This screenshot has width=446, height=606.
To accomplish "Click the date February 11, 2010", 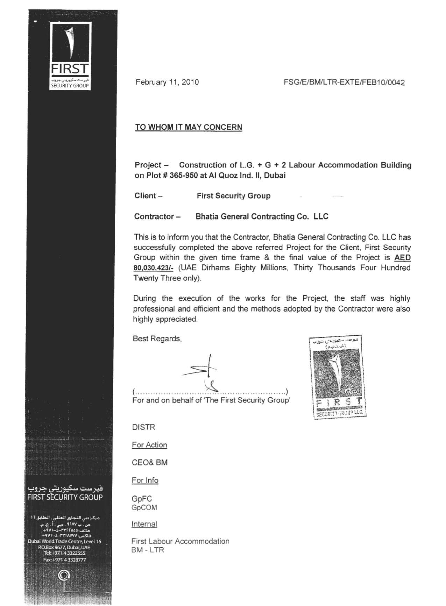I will tap(167, 82).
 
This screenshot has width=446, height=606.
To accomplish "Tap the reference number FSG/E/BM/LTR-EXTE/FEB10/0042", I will tap(345, 83).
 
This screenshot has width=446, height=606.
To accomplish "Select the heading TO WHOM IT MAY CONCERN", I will tap(189, 127).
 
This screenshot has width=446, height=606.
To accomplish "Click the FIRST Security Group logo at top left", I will tap(70, 56).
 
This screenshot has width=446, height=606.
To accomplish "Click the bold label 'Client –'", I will tap(148, 196).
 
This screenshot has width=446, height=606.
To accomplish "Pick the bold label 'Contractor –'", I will tap(157, 217).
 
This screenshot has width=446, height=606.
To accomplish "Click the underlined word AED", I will tap(402, 258).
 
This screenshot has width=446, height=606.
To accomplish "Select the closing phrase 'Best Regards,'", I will tap(157, 339).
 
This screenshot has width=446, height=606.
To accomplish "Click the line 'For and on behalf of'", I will tap(211, 400).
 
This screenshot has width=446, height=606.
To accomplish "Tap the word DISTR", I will tap(143, 427).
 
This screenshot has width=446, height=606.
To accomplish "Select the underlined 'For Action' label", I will tap(149, 445).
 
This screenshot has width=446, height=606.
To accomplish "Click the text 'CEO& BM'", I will tap(150, 463).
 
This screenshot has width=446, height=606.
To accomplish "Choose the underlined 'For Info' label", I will tap(145, 480).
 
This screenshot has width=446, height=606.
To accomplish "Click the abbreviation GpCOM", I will tap(144, 508).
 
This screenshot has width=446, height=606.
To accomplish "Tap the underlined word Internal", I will tap(144, 524).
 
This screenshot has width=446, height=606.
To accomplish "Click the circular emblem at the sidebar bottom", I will tap(64, 575).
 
